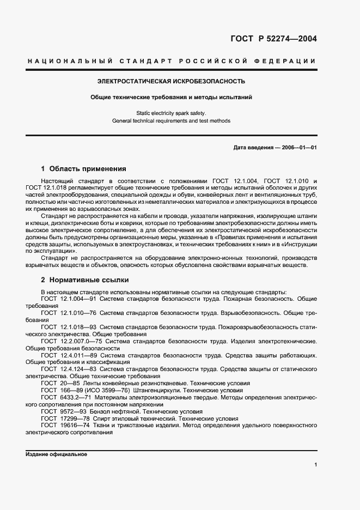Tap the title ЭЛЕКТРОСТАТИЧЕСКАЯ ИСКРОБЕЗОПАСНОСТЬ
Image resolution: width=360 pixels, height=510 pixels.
[x=171, y=81]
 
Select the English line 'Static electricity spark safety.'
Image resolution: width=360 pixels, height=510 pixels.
[x=171, y=113]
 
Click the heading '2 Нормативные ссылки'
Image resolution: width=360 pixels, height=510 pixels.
[x=84, y=280]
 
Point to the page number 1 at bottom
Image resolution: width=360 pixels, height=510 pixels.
[x=315, y=464]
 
